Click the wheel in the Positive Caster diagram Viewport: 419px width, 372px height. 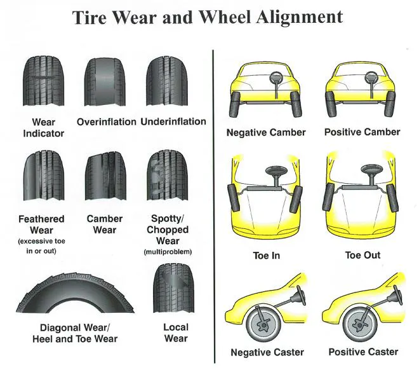pos(360,323)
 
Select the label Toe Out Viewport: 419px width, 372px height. pos(362,256)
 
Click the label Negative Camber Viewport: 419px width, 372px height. pos(266,133)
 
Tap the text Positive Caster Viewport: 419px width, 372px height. pos(363,352)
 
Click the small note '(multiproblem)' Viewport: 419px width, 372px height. pos(167,252)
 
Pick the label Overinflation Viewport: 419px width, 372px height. pos(107,121)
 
